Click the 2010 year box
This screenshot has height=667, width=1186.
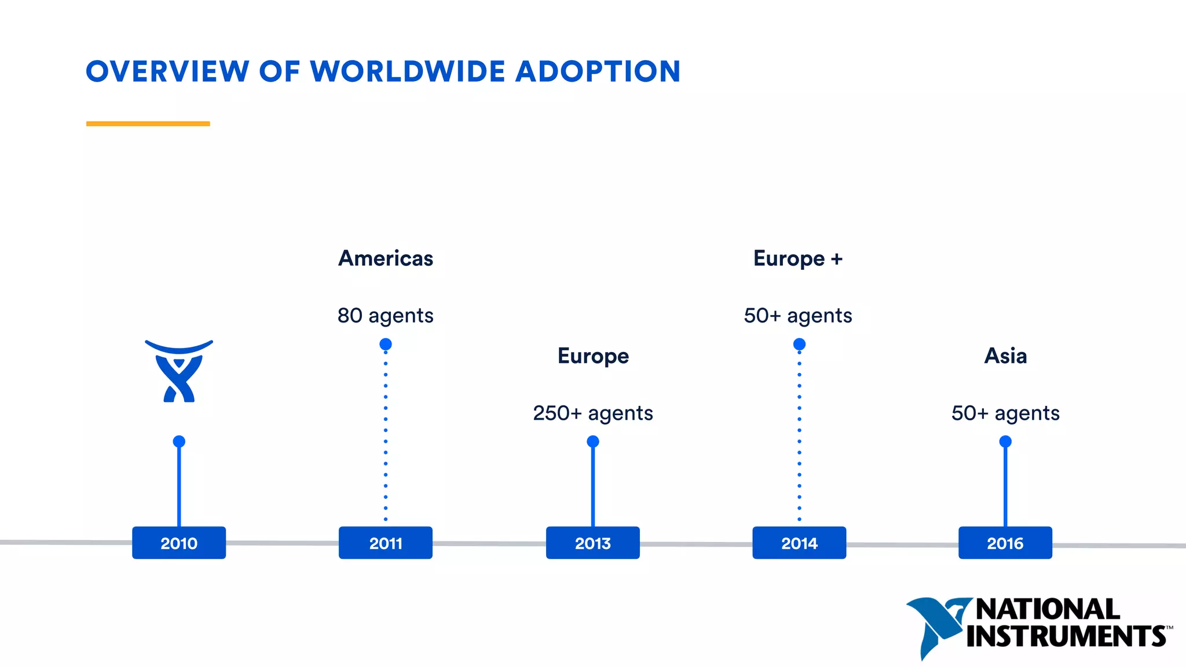[x=179, y=543]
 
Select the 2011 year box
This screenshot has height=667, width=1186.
[x=386, y=543]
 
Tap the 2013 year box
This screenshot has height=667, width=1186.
[x=592, y=543]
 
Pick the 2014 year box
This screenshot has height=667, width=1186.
[x=799, y=543]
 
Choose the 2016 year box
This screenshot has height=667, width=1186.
[x=1005, y=543]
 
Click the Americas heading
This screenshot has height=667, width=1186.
[x=386, y=258]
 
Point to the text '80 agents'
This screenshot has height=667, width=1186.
[x=386, y=316]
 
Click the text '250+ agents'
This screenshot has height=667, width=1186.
[x=593, y=413]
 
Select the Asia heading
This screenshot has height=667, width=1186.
[x=1006, y=356]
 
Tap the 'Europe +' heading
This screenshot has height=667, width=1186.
[x=798, y=258]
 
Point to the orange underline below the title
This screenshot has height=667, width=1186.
[x=148, y=123]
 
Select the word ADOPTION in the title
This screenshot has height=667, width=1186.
[x=598, y=72]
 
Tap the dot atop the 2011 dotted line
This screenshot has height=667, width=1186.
[x=386, y=345]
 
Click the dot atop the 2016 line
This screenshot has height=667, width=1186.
[x=1005, y=442]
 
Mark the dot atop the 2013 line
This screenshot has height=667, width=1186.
[x=593, y=442]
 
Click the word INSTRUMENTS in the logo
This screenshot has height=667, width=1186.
[x=1066, y=636]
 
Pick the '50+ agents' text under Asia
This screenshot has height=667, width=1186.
[x=1006, y=413]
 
